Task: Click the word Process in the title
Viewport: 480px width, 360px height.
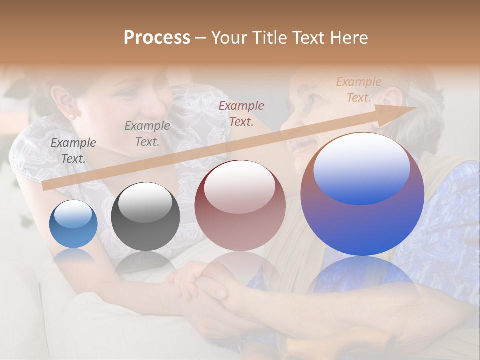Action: pyautogui.click(x=157, y=38)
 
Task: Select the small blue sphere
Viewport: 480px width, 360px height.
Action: pyautogui.click(x=73, y=224)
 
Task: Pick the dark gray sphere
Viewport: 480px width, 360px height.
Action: pyautogui.click(x=145, y=217)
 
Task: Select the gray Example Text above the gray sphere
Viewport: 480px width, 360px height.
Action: pyautogui.click(x=147, y=134)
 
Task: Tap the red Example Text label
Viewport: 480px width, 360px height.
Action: pyautogui.click(x=241, y=113)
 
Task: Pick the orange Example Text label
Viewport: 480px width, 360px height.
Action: pyautogui.click(x=358, y=90)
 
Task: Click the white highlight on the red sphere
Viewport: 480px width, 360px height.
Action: pyautogui.click(x=240, y=186)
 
